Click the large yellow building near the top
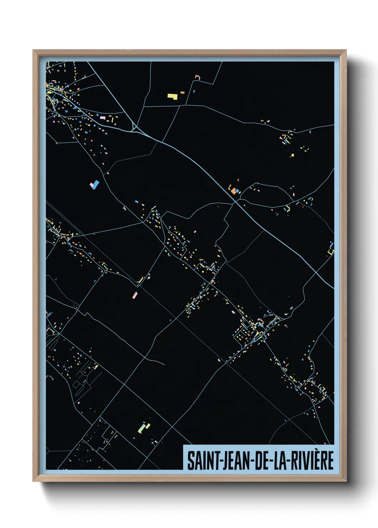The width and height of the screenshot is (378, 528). [x=173, y=96]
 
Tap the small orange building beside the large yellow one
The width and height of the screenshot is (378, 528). [x=182, y=93]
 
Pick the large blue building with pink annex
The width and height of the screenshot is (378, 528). [x=95, y=185]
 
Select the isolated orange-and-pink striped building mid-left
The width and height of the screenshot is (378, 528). [x=135, y=295]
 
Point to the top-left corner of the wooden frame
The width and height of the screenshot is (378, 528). [x=34, y=51]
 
